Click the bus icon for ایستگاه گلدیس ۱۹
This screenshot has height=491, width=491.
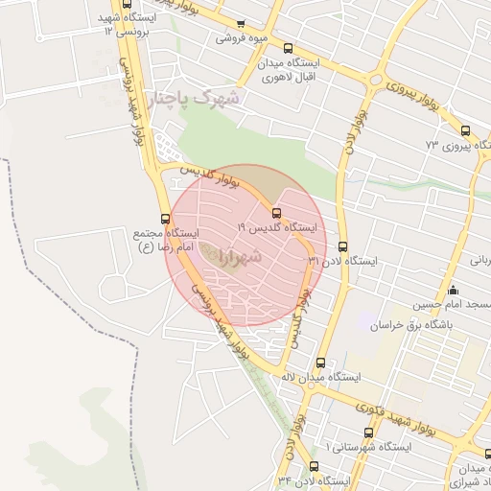pyautogui.click(x=277, y=214)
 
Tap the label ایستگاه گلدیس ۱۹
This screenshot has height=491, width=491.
pyautogui.click(x=277, y=229)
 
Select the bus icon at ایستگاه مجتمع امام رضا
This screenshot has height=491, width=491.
pyautogui.click(x=166, y=218)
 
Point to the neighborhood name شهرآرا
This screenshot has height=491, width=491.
pyautogui.click(x=228, y=257)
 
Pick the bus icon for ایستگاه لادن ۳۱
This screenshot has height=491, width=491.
pyautogui.click(x=343, y=245)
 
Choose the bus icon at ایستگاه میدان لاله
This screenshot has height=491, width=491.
pyautogui.click(x=320, y=363)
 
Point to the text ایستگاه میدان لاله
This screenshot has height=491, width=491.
pyautogui.click(x=333, y=378)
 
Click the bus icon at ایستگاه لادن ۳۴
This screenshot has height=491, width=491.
pyautogui.click(x=314, y=466)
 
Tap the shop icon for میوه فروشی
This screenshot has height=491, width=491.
pyautogui.click(x=241, y=24)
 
